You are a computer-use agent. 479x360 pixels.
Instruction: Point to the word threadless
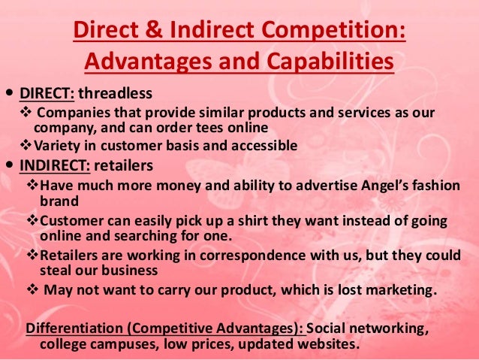[x=115, y=95]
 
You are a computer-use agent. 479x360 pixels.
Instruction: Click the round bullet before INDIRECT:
[x=8, y=162]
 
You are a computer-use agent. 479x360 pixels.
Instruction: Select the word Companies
[x=66, y=113]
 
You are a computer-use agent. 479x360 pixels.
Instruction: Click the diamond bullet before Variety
[x=23, y=145]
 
